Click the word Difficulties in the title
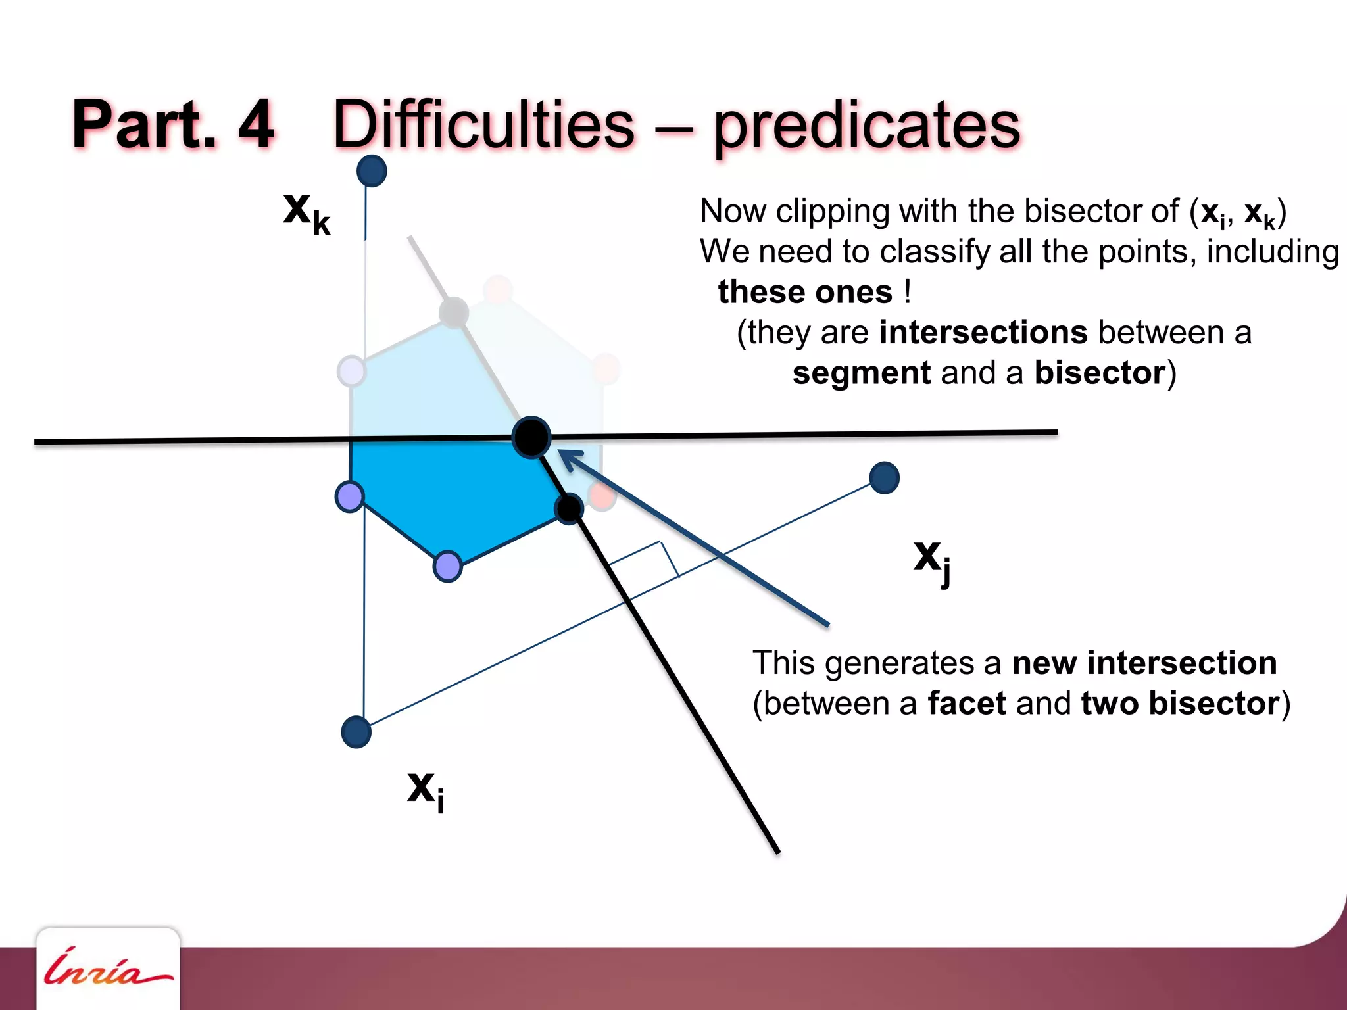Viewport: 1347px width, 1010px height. pyautogui.click(x=483, y=125)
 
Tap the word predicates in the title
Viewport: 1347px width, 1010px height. pyautogui.click(x=867, y=126)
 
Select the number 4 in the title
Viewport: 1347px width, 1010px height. pyautogui.click(x=255, y=124)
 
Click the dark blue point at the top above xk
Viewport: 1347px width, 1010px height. pyautogui.click(x=372, y=171)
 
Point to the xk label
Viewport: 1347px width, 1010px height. pyautogui.click(x=306, y=213)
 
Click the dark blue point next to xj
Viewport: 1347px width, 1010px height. pyautogui.click(x=884, y=478)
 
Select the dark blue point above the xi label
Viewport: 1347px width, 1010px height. pyautogui.click(x=356, y=733)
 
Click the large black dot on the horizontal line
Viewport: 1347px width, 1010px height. pyautogui.click(x=531, y=437)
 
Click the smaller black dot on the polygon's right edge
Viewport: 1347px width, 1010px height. pyautogui.click(x=569, y=508)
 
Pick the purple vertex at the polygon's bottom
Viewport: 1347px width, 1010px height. pyautogui.click(x=448, y=566)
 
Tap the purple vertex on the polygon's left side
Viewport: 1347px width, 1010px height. pyautogui.click(x=349, y=496)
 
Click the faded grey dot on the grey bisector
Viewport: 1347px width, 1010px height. pyautogui.click(x=453, y=312)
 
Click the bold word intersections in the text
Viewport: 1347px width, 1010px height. pyautogui.click(x=983, y=332)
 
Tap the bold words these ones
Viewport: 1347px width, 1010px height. pyautogui.click(x=805, y=292)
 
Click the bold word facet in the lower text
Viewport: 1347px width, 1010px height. pyautogui.click(x=966, y=703)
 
